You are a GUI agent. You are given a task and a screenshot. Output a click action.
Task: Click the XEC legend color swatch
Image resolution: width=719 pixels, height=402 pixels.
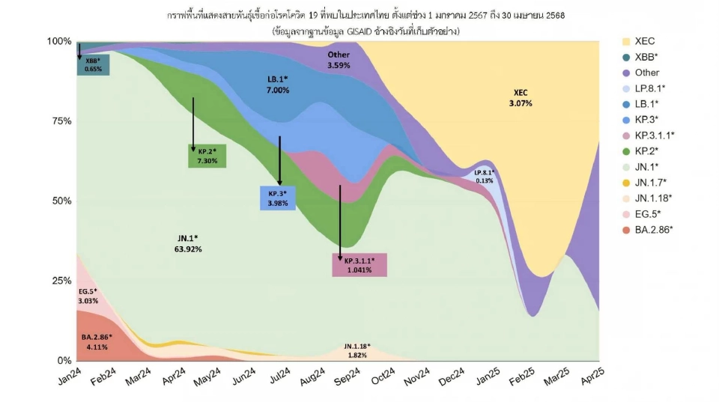pyautogui.click(x=626, y=41)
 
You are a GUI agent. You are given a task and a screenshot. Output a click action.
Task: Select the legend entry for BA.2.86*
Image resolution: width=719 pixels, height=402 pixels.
pyautogui.click(x=653, y=229)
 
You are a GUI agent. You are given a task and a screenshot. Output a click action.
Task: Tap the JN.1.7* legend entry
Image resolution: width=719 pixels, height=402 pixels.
pyautogui.click(x=650, y=182)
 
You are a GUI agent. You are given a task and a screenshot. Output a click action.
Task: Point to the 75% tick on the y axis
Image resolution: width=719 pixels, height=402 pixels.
pyautogui.click(x=61, y=121)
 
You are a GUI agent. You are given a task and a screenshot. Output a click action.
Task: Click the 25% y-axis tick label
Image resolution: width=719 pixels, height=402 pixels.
pyautogui.click(x=61, y=281)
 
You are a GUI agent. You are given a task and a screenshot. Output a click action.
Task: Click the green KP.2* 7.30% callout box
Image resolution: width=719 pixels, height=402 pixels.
pyautogui.click(x=207, y=156)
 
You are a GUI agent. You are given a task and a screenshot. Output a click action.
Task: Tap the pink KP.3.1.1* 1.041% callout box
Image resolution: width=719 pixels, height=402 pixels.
pyautogui.click(x=359, y=264)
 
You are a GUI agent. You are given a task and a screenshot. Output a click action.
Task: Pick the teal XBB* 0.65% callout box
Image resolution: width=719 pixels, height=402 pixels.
pyautogui.click(x=93, y=64)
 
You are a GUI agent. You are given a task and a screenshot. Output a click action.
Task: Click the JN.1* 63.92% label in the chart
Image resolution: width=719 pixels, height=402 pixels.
pyautogui.click(x=188, y=243)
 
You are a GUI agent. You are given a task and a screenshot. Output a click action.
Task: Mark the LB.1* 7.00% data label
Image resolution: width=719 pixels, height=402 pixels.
pyautogui.click(x=278, y=84)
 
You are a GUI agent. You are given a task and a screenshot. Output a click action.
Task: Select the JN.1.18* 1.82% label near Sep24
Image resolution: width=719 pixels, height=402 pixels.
pyautogui.click(x=357, y=350)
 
